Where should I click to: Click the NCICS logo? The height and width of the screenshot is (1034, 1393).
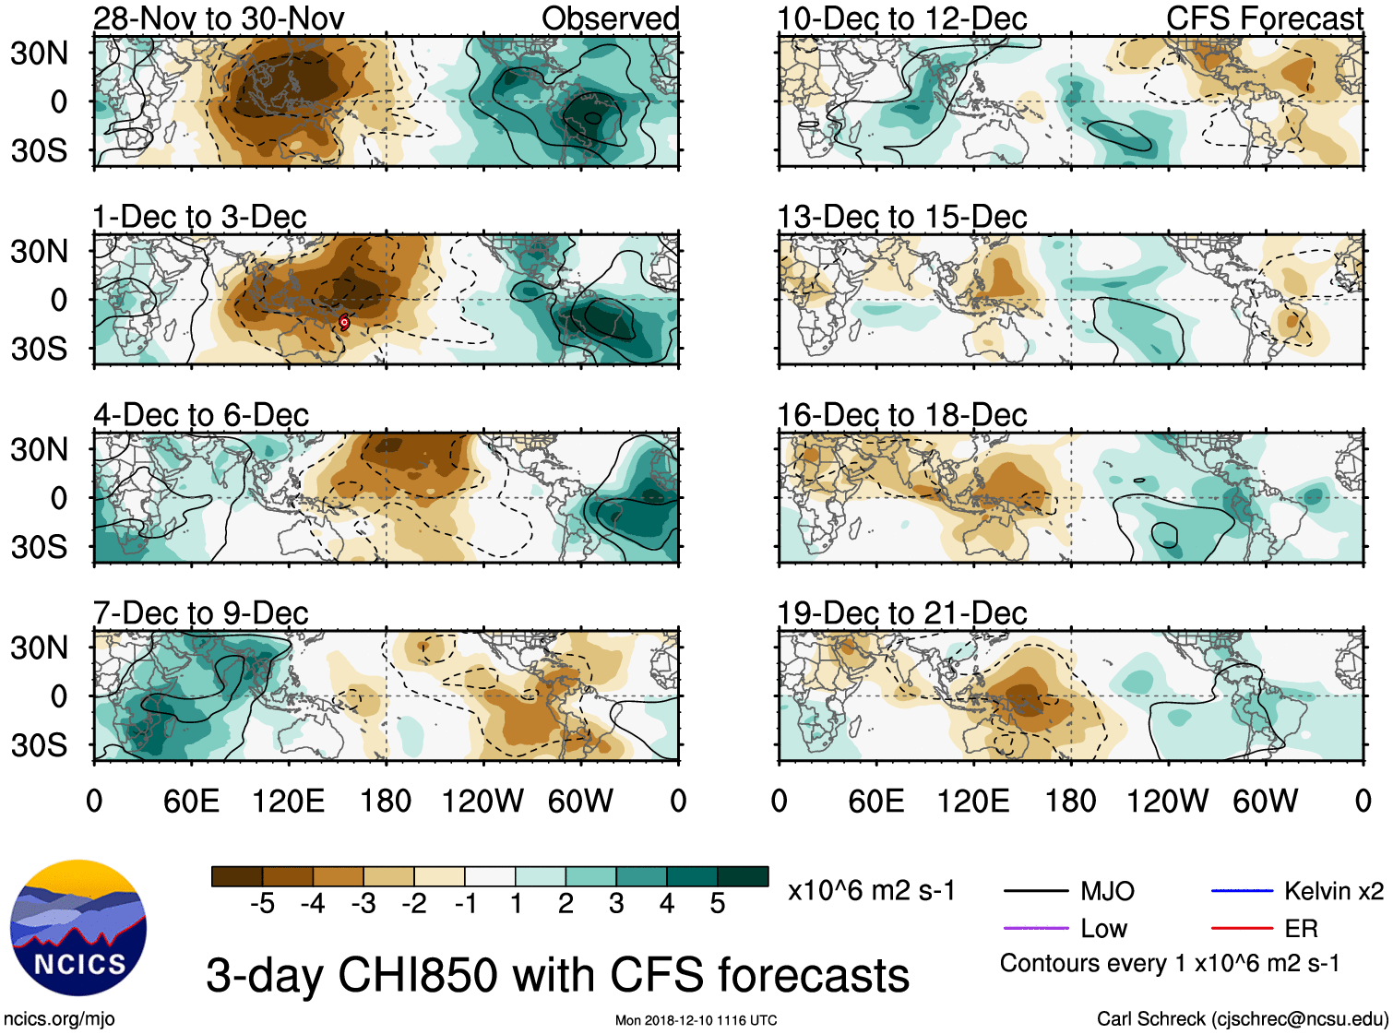pos(78,928)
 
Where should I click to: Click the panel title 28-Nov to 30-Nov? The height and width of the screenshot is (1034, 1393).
pos(219,18)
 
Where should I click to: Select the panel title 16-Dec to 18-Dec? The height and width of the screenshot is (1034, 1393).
pos(901,415)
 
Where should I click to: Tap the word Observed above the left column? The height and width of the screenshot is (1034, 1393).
pos(610,18)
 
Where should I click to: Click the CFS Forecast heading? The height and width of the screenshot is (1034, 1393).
pos(1264,18)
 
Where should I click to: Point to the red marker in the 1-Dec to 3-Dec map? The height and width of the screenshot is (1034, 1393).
pos(344,322)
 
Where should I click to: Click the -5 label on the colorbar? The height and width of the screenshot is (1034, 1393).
pos(262,904)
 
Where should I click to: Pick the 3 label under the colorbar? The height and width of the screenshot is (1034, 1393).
pos(616,904)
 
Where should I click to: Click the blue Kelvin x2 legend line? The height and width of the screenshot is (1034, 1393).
pos(1242,891)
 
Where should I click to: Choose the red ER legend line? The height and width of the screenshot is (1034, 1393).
pos(1242,928)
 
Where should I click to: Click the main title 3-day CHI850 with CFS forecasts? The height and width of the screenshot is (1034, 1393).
pos(557,976)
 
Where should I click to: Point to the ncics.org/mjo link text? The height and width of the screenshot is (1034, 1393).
pos(59,1019)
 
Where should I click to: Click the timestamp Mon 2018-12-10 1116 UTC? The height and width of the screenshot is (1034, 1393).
pos(696,1020)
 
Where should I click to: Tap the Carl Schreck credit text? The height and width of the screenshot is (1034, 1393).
pos(1242,1019)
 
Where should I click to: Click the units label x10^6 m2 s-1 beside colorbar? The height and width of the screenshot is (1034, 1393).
pos(871,891)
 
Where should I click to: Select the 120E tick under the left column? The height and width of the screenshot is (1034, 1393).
pos(288,801)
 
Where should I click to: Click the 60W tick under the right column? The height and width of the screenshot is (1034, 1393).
pos(1265,801)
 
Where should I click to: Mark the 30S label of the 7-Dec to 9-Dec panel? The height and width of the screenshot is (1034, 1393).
pos(40,745)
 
